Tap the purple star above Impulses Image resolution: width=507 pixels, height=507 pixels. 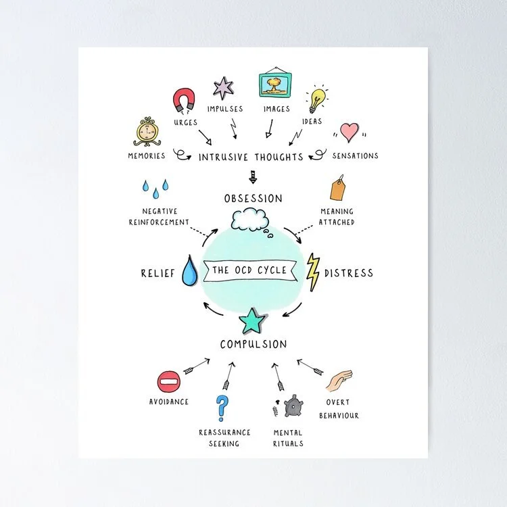[223, 87]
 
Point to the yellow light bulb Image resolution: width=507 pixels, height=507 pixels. [316, 99]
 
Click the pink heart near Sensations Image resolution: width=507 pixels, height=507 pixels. [349, 132]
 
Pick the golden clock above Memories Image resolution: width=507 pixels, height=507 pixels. [146, 132]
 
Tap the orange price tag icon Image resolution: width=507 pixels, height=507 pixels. [337, 189]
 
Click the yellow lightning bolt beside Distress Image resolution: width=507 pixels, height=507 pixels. [312, 272]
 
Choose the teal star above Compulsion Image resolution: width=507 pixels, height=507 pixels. [252, 320]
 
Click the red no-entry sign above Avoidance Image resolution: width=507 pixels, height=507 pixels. [168, 382]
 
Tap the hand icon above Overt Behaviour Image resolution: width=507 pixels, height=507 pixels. [339, 381]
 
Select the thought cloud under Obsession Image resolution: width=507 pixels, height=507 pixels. [249, 220]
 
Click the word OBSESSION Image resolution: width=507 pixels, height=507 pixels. [253, 198]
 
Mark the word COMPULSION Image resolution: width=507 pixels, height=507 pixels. [253, 344]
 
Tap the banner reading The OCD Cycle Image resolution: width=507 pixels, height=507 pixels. [249, 270]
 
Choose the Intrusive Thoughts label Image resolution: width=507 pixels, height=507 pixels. [251, 157]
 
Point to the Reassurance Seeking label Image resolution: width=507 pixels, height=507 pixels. [224, 437]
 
